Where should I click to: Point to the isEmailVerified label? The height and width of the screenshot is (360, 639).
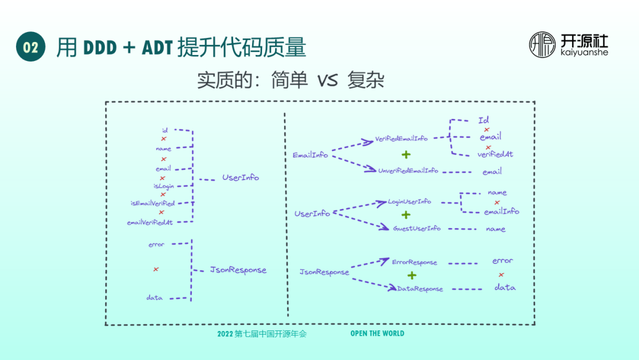(153, 203)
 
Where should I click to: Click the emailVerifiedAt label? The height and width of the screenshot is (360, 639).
(150, 223)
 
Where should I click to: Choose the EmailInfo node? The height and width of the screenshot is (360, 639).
(310, 155)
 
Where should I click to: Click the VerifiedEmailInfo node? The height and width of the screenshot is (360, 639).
(401, 139)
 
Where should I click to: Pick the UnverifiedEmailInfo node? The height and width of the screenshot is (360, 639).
(408, 171)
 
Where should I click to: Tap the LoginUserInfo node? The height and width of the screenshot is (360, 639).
(409, 201)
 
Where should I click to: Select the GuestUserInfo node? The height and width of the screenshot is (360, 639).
(417, 229)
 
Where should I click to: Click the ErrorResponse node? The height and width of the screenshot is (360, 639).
(414, 262)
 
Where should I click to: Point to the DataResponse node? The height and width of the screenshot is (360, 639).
(420, 289)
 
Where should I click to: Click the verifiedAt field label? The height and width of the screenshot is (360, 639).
(495, 155)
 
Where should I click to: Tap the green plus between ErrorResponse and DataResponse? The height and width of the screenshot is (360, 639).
(412, 275)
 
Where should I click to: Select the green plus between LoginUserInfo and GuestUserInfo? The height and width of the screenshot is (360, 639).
(406, 215)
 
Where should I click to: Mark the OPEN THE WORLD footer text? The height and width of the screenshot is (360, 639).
(377, 333)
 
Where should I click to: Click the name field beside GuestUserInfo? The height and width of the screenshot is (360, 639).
(496, 229)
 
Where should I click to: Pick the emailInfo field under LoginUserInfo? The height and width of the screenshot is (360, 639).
(501, 211)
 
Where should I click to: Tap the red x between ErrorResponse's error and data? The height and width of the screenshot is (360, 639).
(501, 274)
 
